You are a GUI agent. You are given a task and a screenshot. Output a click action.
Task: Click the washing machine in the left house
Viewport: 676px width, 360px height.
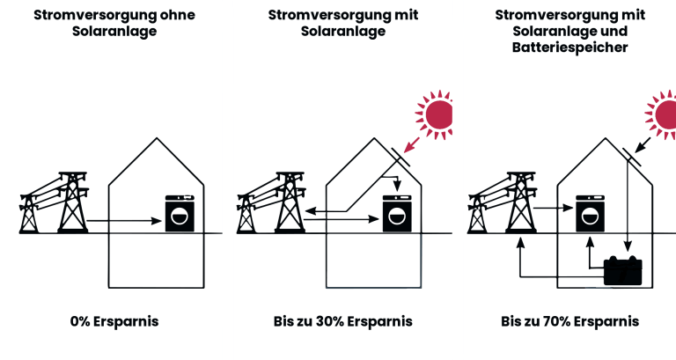[180, 214]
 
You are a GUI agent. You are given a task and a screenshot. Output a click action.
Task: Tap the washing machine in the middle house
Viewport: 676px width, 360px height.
[397, 213]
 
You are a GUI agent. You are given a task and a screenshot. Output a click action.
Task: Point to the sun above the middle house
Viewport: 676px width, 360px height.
[436, 114]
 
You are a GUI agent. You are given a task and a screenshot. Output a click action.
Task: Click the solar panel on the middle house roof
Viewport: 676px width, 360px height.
[401, 160]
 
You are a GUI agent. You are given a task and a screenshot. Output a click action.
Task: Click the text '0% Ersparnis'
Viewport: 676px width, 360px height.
[114, 321]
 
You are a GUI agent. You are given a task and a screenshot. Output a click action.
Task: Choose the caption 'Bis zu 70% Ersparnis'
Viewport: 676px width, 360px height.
[569, 321]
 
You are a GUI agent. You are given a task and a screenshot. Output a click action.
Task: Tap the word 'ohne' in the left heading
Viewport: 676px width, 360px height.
[169, 15]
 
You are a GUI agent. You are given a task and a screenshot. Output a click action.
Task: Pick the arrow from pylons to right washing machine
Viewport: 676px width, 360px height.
[555, 209]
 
